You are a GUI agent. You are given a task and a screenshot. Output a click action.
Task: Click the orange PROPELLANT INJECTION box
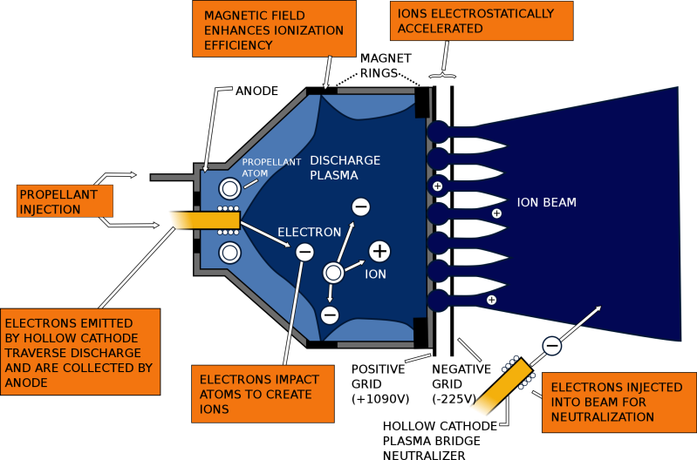coord(65,201)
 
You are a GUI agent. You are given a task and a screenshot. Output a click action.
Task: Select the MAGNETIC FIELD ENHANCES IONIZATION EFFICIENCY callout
coord(274,29)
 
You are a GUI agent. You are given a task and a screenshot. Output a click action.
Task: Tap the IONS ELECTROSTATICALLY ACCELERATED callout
coord(482,21)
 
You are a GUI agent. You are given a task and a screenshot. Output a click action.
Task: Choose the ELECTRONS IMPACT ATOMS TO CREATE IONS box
coord(260,394)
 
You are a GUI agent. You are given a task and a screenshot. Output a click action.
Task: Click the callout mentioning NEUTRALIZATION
coord(618,402)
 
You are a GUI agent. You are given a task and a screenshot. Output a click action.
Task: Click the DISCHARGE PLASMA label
coord(345,167)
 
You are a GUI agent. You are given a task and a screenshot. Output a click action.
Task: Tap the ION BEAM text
coord(546,203)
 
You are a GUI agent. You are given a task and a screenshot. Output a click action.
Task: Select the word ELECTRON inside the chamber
coord(309,233)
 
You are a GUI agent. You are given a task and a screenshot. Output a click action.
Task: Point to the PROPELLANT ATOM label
coord(270,167)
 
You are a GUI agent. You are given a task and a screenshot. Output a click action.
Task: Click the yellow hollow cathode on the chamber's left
coord(204,220)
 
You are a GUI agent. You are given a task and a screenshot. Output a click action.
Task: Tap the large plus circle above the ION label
coord(379,251)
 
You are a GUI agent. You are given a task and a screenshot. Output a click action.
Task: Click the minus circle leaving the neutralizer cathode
coord(551,346)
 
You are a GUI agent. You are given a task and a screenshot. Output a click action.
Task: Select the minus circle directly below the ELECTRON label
coord(304,253)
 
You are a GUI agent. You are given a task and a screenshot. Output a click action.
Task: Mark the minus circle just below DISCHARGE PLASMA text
coord(360,206)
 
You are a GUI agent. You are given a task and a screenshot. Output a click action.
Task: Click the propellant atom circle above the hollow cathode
coord(229,188)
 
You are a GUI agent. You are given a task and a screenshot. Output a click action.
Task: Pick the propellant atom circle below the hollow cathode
coord(229,253)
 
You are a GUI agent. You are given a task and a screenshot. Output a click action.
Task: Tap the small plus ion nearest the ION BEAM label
coord(496,213)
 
